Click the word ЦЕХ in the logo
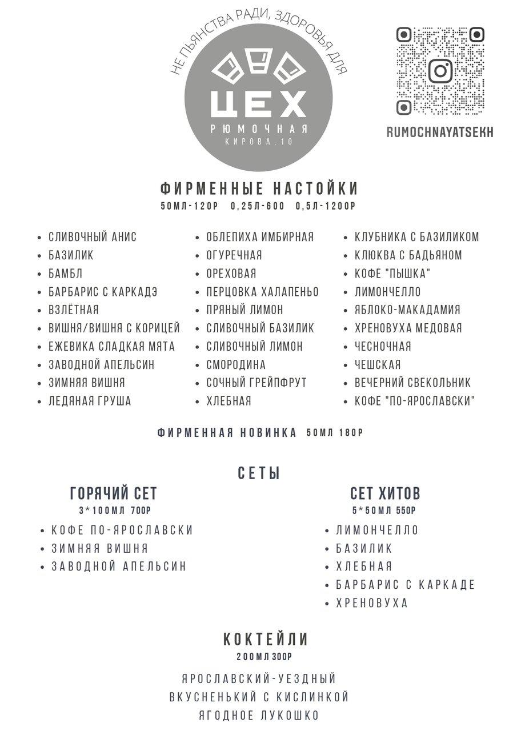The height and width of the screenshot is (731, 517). click(258, 103)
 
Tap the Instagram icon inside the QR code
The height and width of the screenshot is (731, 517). click(440, 71)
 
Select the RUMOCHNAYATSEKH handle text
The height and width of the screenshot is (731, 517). click(439, 132)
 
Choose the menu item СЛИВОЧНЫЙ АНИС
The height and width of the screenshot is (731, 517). click(93, 237)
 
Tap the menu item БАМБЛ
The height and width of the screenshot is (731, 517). click(66, 274)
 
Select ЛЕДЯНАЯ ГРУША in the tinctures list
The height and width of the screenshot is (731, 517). click(90, 401)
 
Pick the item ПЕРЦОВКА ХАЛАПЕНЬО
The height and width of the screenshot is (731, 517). click(262, 292)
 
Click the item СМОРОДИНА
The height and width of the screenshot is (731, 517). click(236, 364)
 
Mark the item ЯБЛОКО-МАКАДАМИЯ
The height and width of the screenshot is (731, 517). click(407, 310)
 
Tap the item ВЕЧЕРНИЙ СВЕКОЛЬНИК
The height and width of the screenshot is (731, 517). click(412, 383)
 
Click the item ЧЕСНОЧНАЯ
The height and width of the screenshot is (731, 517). click(383, 346)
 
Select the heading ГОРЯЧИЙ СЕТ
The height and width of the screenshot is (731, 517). click(113, 493)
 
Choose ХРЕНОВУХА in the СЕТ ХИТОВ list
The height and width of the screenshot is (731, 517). click(372, 603)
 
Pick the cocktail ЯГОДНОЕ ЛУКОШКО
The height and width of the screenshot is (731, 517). click(259, 716)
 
